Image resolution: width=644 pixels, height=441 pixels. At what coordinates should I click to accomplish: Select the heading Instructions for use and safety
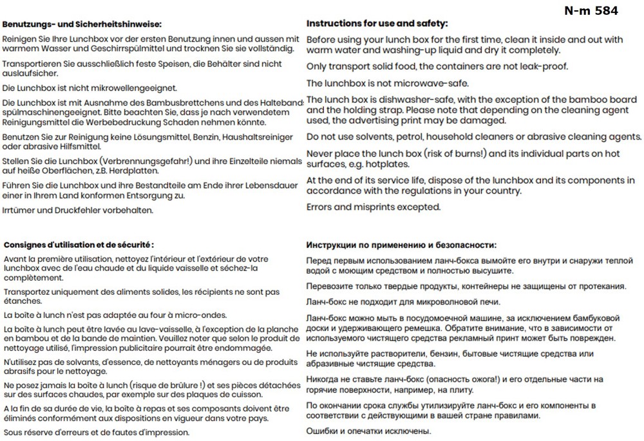(x=377, y=23)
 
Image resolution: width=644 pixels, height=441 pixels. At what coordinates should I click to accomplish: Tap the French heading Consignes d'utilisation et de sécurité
(x=79, y=245)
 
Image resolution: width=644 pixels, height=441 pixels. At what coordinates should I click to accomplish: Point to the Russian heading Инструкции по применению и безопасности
(x=402, y=245)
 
